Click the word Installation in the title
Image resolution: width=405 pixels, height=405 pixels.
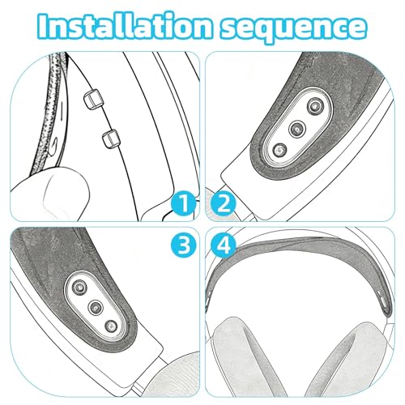[x=125, y=26]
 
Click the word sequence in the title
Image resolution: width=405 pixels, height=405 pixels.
[x=294, y=28]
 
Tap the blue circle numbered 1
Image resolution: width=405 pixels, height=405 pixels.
[x=183, y=203]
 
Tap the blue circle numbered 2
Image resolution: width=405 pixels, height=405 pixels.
[x=223, y=203]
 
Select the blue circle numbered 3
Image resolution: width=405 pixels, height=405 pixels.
[x=183, y=245]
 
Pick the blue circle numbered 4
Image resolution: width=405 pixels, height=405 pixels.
[x=223, y=245]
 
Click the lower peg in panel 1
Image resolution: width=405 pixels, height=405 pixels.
[x=111, y=139]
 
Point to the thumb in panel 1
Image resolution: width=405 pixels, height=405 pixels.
[x=51, y=194]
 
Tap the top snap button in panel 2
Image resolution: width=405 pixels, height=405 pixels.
[x=315, y=105]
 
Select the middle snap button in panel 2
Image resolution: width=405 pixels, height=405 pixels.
[x=296, y=129]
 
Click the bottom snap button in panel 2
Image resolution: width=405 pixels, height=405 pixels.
[x=279, y=151]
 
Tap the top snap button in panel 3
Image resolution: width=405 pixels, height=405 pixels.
[x=79, y=287]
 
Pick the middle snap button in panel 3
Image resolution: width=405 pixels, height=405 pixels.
[x=96, y=307]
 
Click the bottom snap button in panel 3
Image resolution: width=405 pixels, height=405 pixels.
[x=111, y=327]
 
